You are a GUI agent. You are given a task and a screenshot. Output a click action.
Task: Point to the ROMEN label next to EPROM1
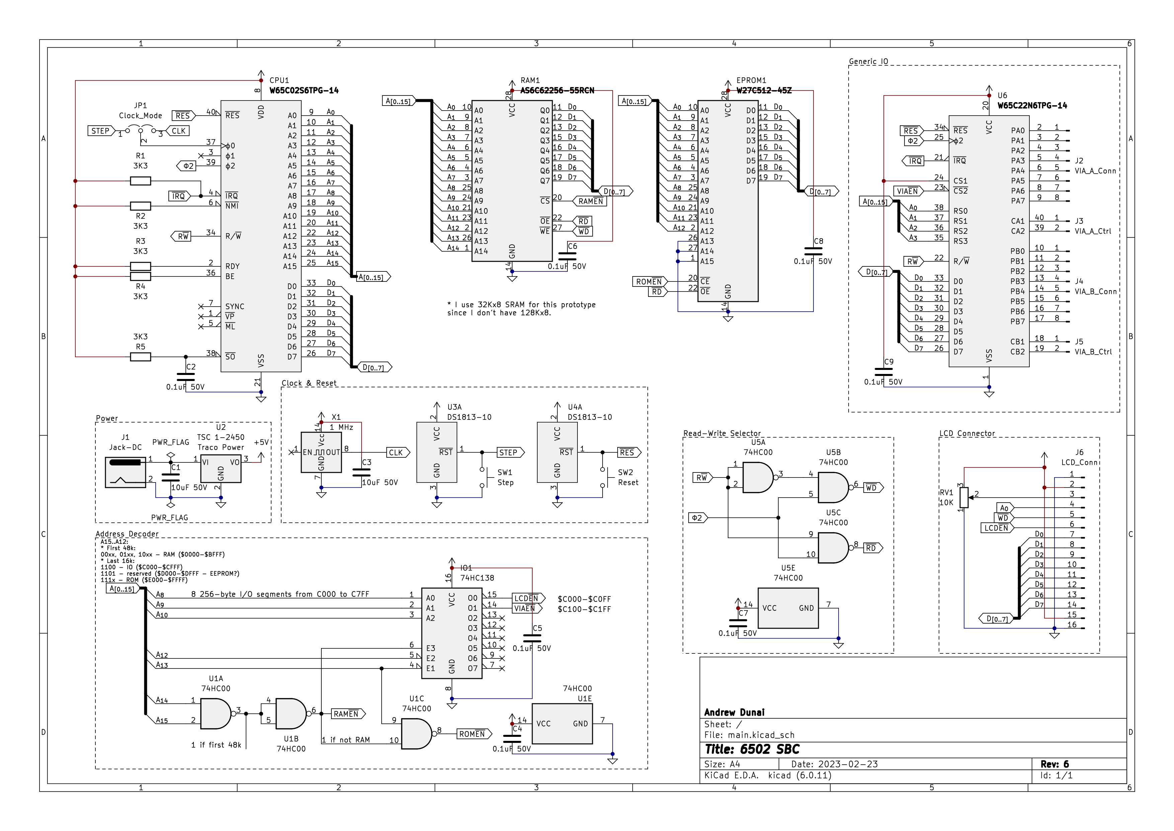pos(649,281)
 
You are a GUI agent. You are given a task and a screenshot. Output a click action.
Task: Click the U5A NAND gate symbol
pos(757,478)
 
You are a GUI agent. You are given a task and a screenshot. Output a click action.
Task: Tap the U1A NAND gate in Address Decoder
pos(215,714)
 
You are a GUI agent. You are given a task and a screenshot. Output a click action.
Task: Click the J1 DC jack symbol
pos(125,472)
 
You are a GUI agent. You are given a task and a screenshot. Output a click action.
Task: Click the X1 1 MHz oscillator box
pos(321,452)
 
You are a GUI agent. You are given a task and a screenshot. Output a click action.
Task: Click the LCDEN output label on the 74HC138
pos(527,598)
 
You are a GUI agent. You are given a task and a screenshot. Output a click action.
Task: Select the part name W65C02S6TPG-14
pos(304,90)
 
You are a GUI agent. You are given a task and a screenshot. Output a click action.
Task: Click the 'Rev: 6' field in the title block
pos(1054,764)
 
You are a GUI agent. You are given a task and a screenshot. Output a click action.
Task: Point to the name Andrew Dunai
pos(734,712)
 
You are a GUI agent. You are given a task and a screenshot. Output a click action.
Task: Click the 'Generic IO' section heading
pos(868,61)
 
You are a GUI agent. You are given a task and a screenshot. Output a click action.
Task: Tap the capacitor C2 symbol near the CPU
pos(185,377)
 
